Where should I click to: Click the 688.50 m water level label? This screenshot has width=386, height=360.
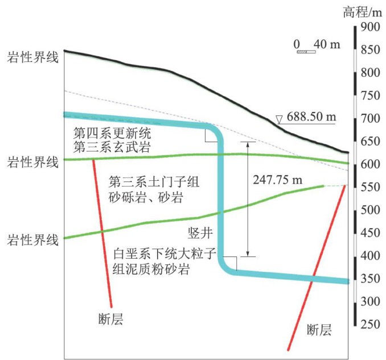311,117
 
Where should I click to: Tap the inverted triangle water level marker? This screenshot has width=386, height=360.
278,119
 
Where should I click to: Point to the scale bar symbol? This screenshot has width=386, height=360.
305,52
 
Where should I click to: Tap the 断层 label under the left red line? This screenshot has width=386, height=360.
111,320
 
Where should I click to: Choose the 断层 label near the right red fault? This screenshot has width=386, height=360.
319,329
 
